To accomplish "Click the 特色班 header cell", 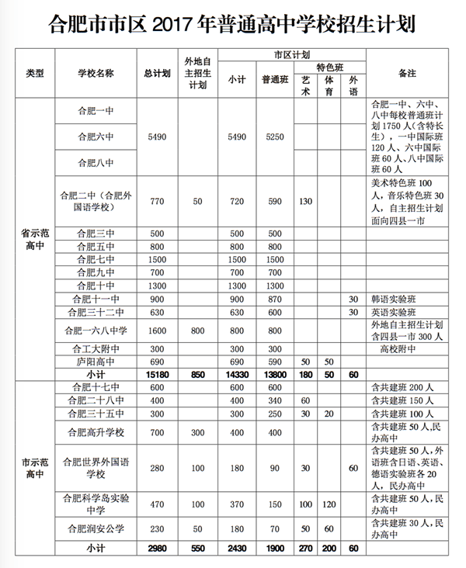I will coord(330,68).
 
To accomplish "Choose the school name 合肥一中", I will coord(96,110).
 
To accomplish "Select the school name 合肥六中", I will coord(96,137).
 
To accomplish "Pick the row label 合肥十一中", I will coord(96,298).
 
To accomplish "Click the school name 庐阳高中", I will coord(96,362).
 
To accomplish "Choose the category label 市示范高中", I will coord(35,464).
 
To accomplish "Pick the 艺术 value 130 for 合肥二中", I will coord(306,202).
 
